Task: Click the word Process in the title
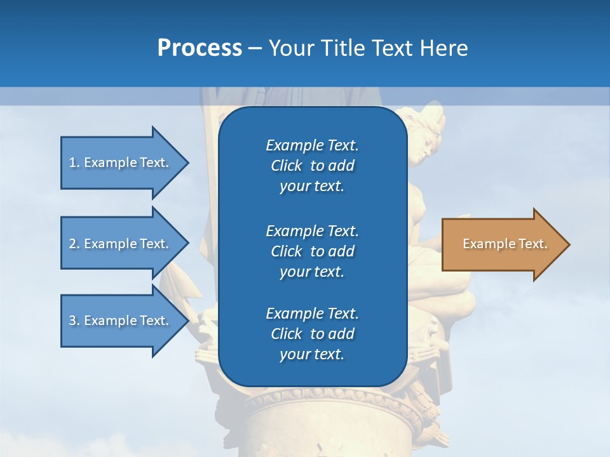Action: coord(200,48)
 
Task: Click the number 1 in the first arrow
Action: coord(72,162)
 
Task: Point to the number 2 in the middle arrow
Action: coord(72,244)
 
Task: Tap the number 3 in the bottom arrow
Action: coord(72,321)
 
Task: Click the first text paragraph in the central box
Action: coord(312,166)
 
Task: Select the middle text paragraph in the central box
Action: coord(312,251)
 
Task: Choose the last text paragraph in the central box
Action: coord(312,334)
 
